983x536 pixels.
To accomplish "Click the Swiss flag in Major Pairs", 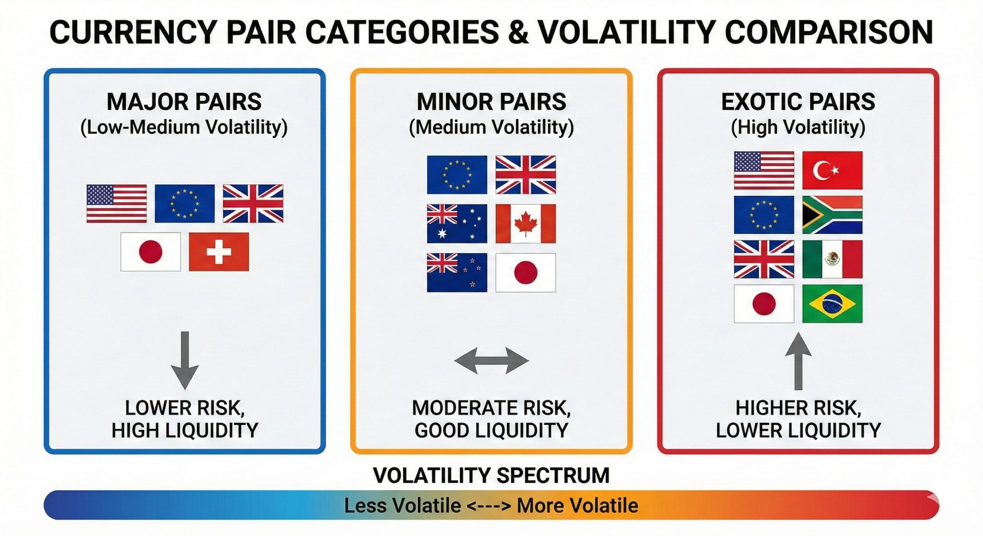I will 219,252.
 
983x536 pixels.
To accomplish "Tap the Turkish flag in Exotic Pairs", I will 832,170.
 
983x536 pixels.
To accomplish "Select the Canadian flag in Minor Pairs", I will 525,223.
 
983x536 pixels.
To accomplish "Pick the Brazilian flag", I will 832,304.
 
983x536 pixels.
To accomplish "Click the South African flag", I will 832,215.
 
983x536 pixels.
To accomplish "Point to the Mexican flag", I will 832,259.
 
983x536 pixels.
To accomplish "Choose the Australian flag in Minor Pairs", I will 457,223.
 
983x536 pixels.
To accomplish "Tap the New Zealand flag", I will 457,273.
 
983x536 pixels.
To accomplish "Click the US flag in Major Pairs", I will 116,203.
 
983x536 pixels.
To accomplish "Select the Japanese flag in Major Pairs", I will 151,252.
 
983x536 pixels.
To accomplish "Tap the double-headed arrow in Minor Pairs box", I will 491,361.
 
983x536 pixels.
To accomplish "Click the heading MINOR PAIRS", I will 491,102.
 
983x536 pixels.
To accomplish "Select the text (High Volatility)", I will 798,127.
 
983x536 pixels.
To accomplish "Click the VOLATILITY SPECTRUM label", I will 491,475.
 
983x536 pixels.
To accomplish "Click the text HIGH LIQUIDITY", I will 185,430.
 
